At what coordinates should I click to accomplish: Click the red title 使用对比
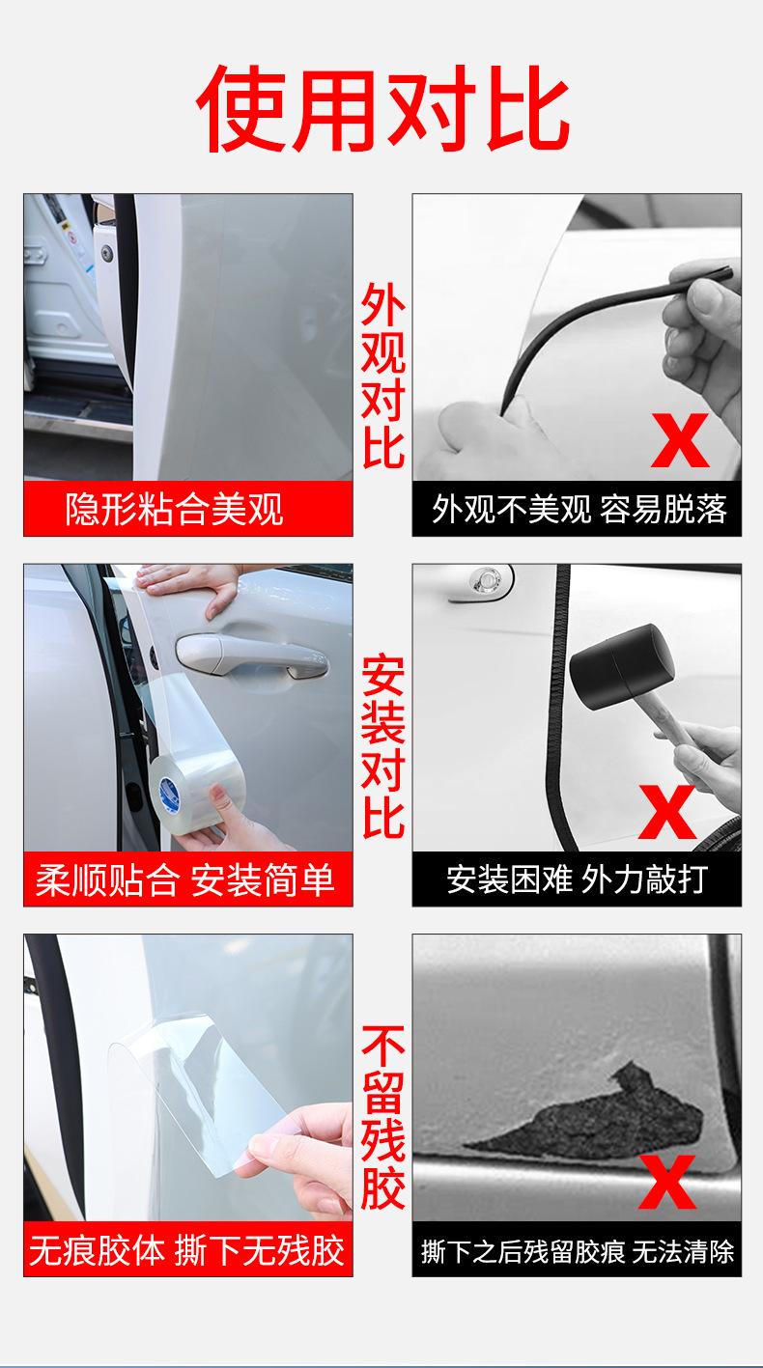[x=383, y=109]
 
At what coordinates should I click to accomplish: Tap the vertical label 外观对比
[x=383, y=376]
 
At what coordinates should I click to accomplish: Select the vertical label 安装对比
[x=383, y=746]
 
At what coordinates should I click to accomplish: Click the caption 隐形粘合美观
[x=175, y=509]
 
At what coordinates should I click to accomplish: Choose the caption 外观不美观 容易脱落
[x=579, y=509]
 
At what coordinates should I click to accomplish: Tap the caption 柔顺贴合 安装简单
[x=184, y=880]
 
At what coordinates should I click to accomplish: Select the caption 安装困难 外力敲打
[x=577, y=879]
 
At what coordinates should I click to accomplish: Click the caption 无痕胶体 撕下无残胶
[x=187, y=1250]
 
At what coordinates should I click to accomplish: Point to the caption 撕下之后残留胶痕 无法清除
[x=578, y=1251]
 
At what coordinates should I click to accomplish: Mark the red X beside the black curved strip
[x=680, y=440]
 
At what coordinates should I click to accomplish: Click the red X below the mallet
[x=667, y=812]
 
